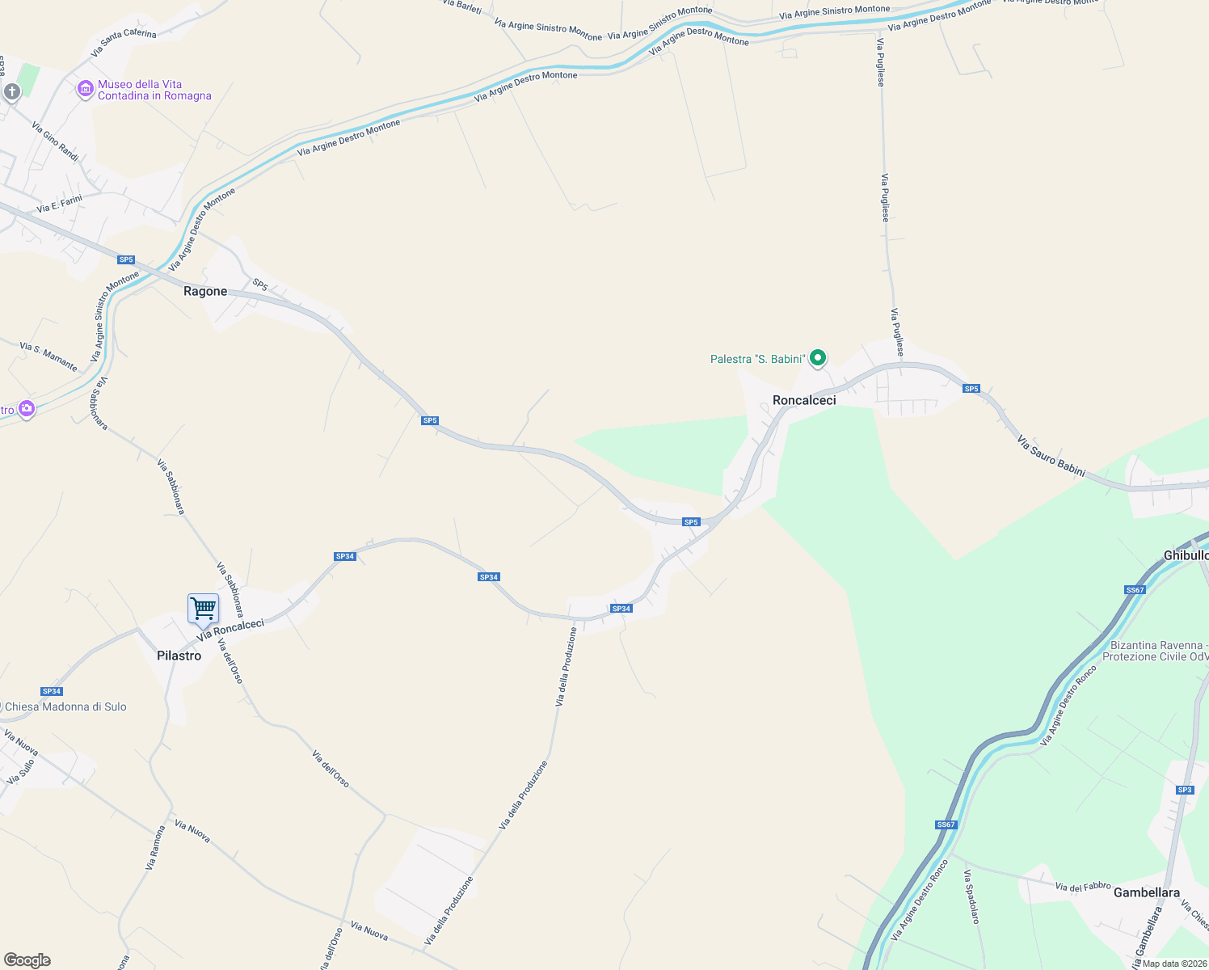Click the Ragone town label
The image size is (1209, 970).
point(205,292)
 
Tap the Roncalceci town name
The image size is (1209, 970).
point(804,400)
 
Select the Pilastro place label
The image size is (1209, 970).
point(179,656)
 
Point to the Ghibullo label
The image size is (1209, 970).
point(1186,555)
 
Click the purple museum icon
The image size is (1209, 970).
point(85,90)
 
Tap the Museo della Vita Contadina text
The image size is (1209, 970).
point(154,90)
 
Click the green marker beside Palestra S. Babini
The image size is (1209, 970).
point(818,357)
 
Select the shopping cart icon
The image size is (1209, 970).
point(203,608)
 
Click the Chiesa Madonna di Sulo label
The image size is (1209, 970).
point(65,706)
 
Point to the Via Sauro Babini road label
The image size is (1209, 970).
point(1051,456)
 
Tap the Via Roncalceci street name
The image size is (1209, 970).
point(230,630)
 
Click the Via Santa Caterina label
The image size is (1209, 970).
point(124,44)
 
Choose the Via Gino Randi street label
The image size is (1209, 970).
point(55,141)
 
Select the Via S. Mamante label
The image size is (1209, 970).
point(48,356)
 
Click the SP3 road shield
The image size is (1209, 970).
point(1185,790)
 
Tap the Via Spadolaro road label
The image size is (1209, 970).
point(971,896)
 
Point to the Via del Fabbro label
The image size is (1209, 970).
point(1083,887)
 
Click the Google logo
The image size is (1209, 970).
point(27,960)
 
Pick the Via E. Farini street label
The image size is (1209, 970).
point(59,204)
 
